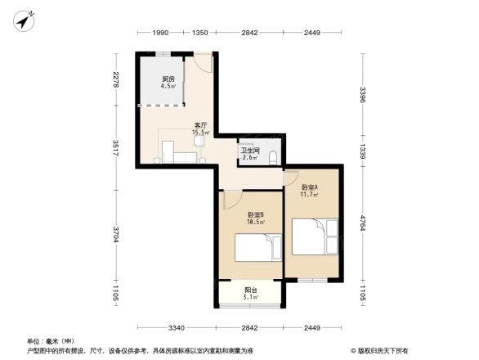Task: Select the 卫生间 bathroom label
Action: click(249, 153)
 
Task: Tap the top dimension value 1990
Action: click(159, 33)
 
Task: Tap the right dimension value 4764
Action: click(362, 223)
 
